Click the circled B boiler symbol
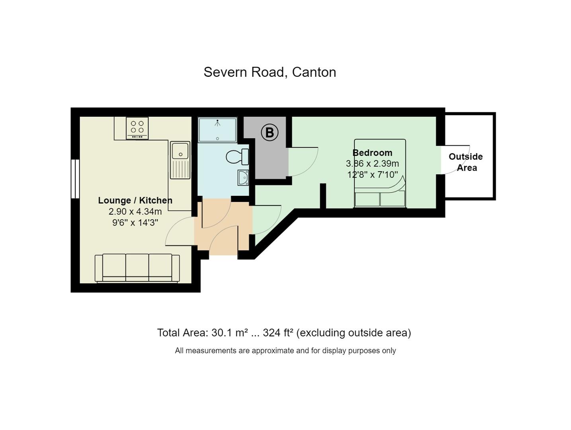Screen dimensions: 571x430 [270, 133]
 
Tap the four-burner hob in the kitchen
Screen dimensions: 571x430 [137, 128]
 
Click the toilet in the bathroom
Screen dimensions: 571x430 [237, 156]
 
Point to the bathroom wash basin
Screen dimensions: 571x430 [243, 178]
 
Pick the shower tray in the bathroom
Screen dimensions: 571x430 [217, 130]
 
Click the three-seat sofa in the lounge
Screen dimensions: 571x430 [137, 268]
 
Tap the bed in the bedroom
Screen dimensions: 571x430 [380, 173]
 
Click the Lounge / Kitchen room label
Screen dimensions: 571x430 [135, 200]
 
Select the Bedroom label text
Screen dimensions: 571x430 [372, 153]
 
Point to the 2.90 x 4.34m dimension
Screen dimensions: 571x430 [135, 211]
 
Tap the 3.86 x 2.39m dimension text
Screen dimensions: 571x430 [372, 164]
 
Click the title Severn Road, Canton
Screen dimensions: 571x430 [270, 72]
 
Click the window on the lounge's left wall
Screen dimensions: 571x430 [75, 179]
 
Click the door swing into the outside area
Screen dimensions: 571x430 [455, 160]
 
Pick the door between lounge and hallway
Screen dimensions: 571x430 [180, 231]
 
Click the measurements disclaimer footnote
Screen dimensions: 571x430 [285, 351]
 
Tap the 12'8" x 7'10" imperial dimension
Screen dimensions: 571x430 [373, 174]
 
